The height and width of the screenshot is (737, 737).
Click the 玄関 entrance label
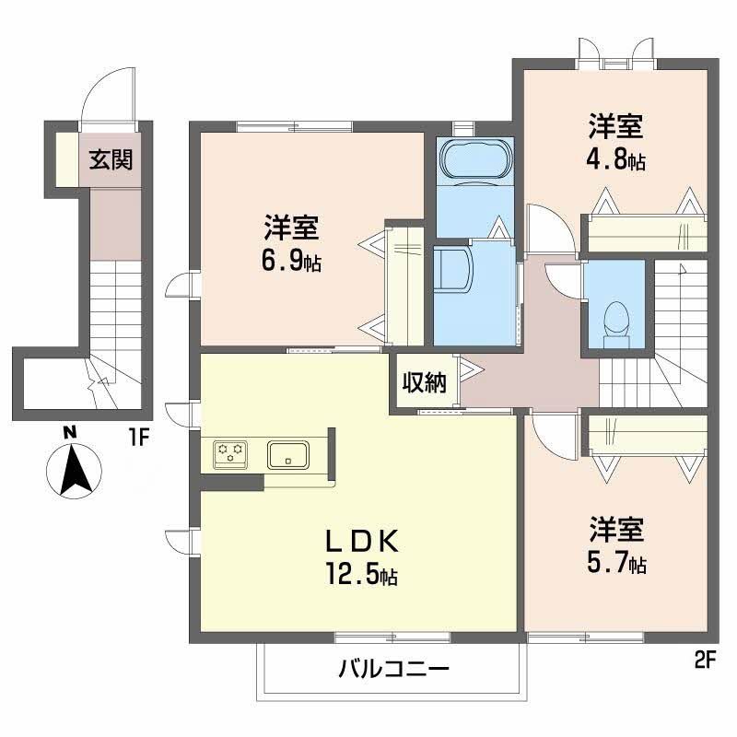pyautogui.click(x=111, y=160)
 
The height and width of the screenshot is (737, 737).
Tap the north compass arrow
pyautogui.click(x=74, y=469)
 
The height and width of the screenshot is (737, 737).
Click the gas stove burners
pyautogui.click(x=228, y=452)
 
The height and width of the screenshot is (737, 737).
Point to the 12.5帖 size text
pyautogui.click(x=361, y=577)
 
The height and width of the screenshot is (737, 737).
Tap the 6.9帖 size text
pyautogui.click(x=291, y=261)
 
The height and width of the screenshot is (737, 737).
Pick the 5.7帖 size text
pyautogui.click(x=616, y=563)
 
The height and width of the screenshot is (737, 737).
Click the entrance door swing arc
pyautogui.click(x=109, y=97)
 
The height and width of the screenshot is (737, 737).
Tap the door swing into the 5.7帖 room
pyautogui.click(x=553, y=433)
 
